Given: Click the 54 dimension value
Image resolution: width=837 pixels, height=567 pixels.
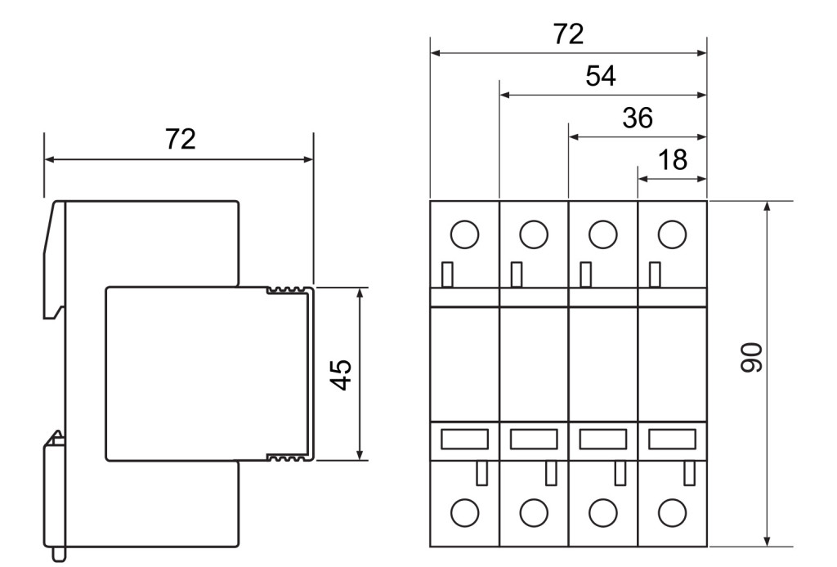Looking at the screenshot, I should (x=601, y=77).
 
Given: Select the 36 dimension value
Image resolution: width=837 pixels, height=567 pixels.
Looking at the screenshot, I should (x=637, y=118).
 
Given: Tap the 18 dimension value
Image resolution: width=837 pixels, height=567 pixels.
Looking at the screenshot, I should (x=672, y=160).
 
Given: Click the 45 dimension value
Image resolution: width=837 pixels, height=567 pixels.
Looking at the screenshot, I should (x=342, y=374).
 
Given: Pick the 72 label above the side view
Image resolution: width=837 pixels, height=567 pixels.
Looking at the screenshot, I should (x=180, y=139).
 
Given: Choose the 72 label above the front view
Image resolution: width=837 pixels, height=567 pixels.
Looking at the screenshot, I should (x=569, y=34).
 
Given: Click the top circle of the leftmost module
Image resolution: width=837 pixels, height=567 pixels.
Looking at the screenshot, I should (x=463, y=234).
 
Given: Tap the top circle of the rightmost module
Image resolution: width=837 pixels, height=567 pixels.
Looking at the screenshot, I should (x=671, y=234).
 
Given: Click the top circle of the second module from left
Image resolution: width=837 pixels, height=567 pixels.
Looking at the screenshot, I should (x=533, y=234).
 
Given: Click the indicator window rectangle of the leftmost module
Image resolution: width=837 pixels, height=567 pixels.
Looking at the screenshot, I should (x=464, y=439).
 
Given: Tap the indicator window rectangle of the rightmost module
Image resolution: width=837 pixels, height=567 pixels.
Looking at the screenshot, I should (x=672, y=439).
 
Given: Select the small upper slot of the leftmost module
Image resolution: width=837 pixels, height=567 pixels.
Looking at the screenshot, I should (x=446, y=274).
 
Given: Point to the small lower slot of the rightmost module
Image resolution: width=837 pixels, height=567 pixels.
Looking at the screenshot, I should (x=689, y=472).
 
